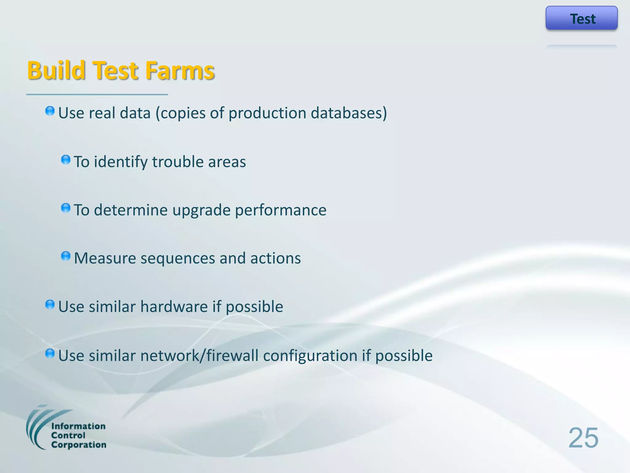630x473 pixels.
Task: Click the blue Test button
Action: point(581,18)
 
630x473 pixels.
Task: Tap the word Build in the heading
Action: point(56,71)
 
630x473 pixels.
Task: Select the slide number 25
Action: point(583,438)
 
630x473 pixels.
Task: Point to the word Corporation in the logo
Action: point(78,445)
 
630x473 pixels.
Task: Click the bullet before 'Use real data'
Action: point(50,111)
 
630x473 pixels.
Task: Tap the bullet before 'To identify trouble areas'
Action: point(66,160)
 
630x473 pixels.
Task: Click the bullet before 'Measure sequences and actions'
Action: point(66,256)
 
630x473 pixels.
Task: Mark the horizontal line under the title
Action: point(97,95)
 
